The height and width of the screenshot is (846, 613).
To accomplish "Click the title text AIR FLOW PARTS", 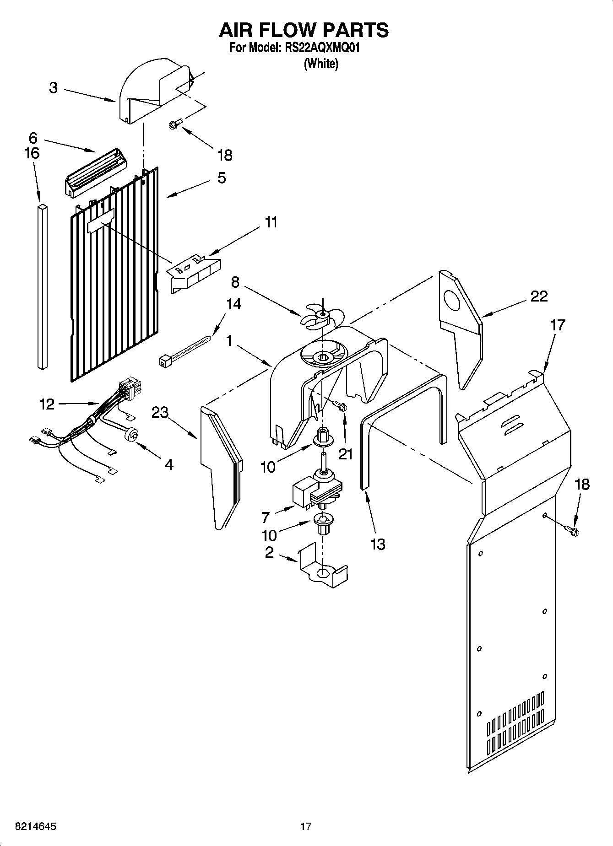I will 304,30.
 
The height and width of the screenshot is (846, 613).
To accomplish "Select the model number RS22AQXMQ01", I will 320,48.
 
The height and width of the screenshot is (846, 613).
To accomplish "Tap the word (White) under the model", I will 321,64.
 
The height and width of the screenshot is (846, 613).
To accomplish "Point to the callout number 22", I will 539,296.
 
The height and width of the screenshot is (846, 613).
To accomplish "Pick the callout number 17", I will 557,325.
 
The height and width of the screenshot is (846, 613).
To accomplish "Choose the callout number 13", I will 378,544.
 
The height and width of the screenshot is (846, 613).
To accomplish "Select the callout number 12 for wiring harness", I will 47,404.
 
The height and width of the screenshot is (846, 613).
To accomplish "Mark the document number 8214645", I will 30,826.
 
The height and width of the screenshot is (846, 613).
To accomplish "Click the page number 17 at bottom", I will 306,826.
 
